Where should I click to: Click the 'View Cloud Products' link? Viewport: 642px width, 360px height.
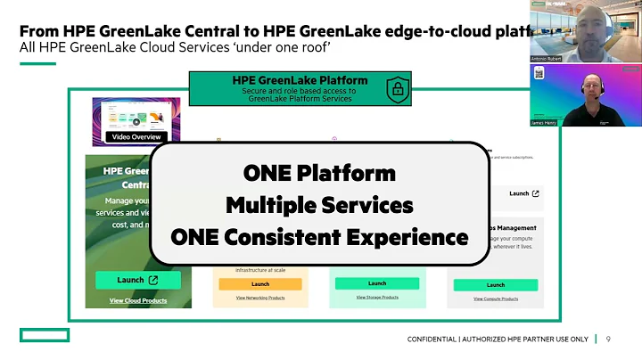[138, 301]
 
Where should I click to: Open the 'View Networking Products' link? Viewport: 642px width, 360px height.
[260, 298]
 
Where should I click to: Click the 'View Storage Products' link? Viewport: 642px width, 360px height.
[377, 297]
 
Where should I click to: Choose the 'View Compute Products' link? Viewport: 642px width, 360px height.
[495, 298]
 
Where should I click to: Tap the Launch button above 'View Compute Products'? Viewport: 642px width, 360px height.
[495, 284]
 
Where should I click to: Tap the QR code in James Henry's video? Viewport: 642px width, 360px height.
[539, 74]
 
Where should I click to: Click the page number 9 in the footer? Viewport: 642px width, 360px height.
[608, 340]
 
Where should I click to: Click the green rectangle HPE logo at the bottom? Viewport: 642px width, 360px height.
[45, 335]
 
